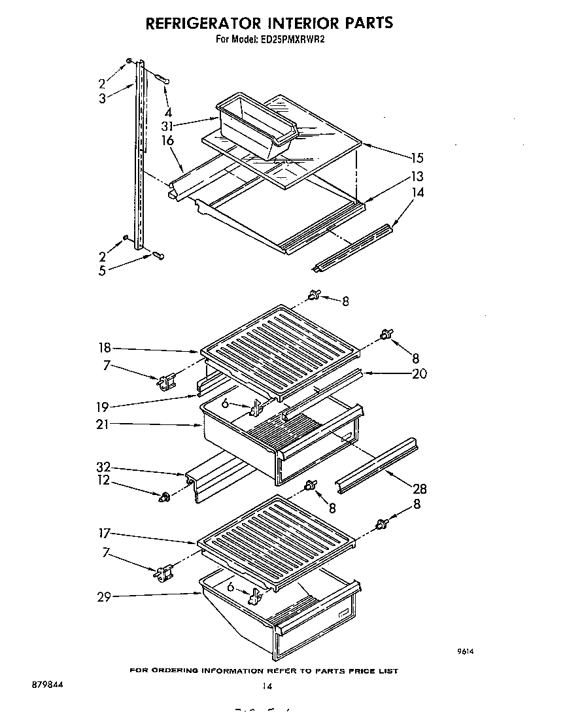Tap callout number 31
tap(168, 126)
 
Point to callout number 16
tap(167, 141)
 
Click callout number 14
tap(417, 192)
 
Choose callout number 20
tap(419, 374)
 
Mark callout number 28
tap(419, 487)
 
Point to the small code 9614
tap(464, 651)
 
